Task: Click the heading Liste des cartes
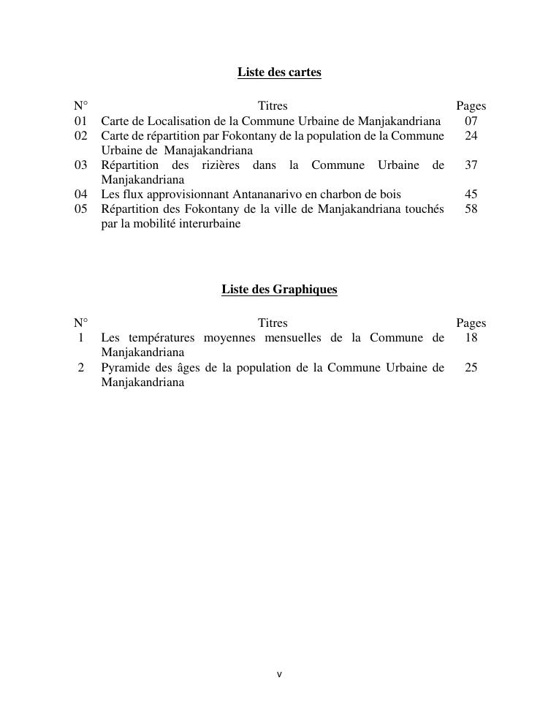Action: coord(279,72)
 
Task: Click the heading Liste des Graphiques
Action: coord(279,290)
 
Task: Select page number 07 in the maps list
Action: coord(471,121)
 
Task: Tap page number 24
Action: coord(471,136)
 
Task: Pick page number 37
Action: coord(471,165)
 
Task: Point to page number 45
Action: coord(471,195)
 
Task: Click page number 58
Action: coord(471,209)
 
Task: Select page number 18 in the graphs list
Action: coord(471,338)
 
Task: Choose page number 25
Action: coord(471,368)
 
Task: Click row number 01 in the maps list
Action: coord(80,121)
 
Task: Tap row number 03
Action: coord(80,165)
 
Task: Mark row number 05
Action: coord(80,209)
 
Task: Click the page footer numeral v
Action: coord(279,674)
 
